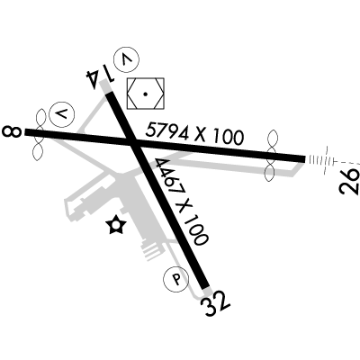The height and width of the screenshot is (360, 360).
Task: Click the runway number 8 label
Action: click(12, 131)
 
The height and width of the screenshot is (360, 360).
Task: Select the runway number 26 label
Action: click(349, 182)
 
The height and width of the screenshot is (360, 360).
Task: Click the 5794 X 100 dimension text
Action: click(194, 134)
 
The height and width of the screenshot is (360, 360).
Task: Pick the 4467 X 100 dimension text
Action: click(182, 202)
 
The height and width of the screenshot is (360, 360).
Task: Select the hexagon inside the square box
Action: click(146, 94)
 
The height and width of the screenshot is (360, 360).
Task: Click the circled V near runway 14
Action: click(127, 59)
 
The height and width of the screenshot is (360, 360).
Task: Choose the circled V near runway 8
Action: click(62, 114)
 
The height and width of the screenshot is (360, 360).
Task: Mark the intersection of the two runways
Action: click(132, 143)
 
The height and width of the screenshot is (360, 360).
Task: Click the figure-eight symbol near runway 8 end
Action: click(39, 134)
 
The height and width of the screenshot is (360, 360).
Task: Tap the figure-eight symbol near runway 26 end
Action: click(271, 156)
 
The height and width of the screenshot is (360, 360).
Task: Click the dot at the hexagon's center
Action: click(146, 94)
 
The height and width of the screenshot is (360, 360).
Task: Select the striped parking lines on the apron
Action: click(153, 251)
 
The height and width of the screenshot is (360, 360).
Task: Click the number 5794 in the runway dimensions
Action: click(167, 131)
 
